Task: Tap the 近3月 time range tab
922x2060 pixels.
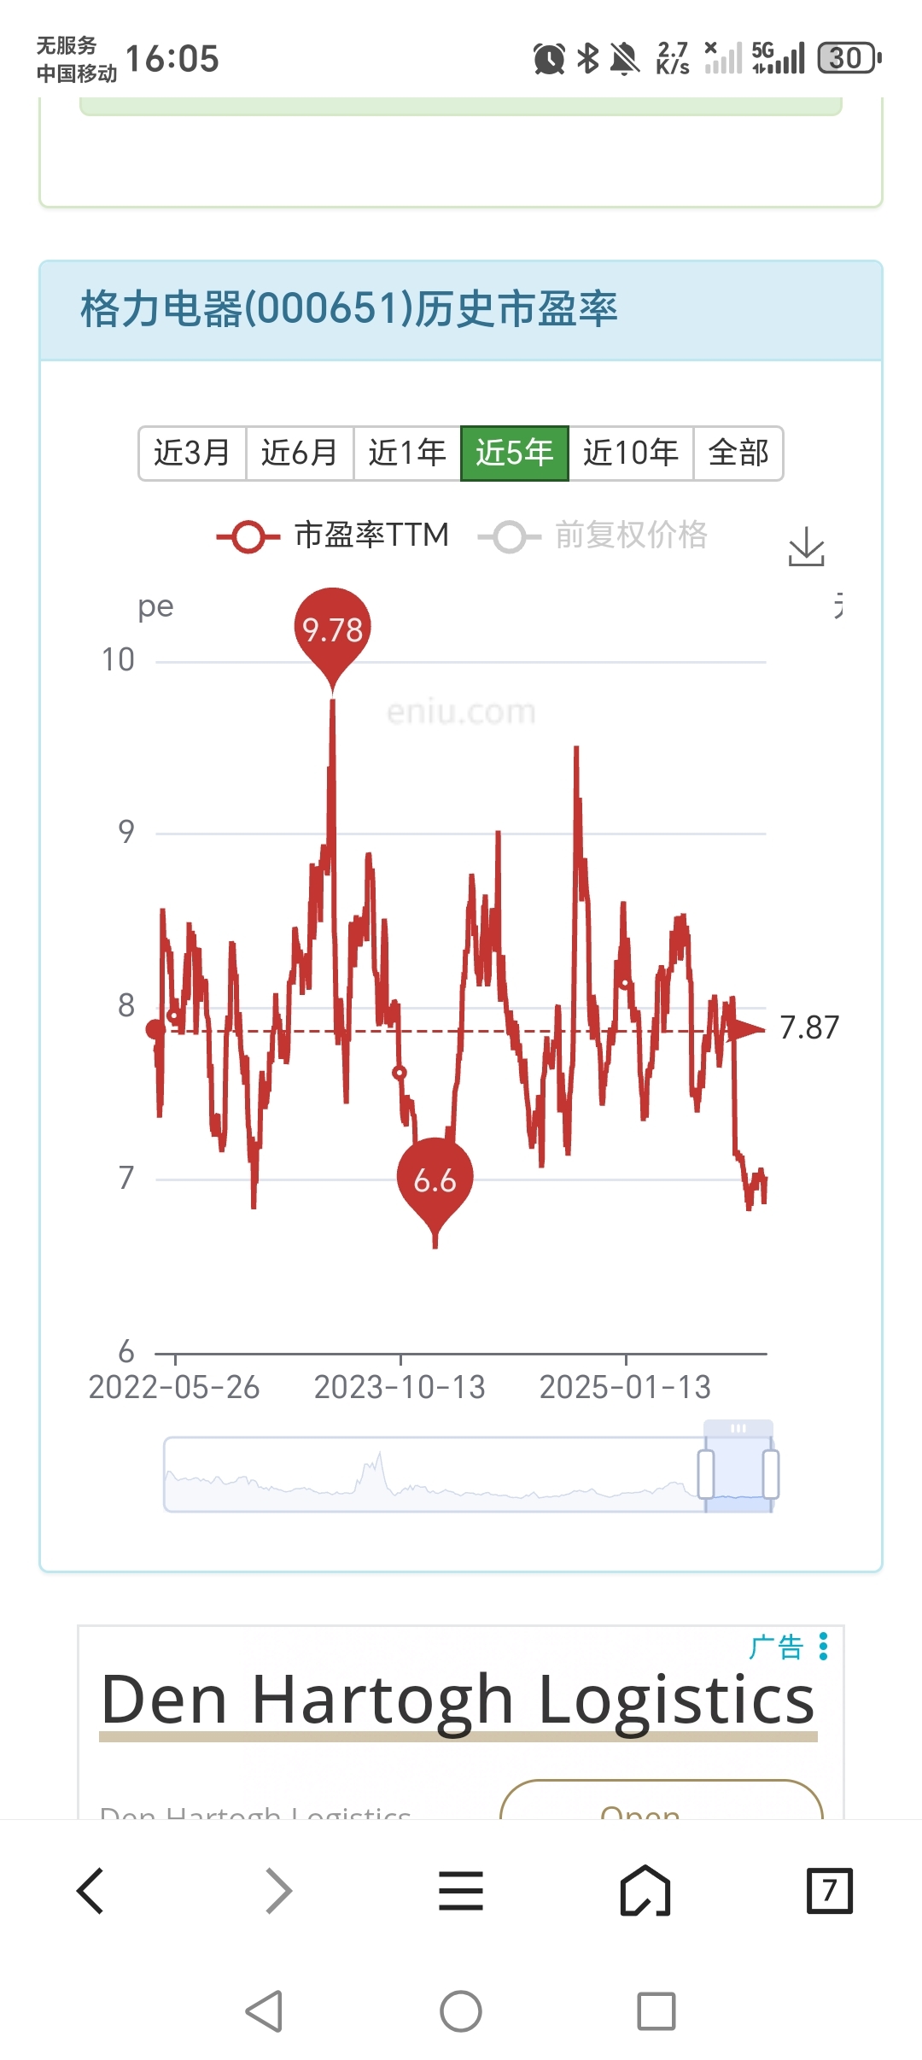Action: pos(192,453)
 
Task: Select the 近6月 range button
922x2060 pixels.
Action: pos(300,453)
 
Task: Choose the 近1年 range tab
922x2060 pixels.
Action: pos(407,453)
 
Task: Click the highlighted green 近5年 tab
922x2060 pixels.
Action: pos(515,453)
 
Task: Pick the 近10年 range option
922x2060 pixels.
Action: pos(631,453)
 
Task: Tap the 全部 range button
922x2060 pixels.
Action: pos(738,453)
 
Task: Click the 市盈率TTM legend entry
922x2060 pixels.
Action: pos(333,535)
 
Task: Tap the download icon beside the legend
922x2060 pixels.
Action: pos(806,547)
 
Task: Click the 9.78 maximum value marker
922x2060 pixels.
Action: pos(333,629)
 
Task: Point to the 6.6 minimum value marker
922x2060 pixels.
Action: pos(435,1180)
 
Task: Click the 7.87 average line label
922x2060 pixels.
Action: pos(809,1027)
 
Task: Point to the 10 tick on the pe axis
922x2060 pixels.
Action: pos(118,659)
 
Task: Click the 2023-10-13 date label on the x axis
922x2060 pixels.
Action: pos(400,1387)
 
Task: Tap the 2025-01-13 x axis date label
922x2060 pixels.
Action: pos(625,1387)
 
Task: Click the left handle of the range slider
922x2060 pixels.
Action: pos(706,1474)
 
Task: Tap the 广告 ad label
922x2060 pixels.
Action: pos(776,1647)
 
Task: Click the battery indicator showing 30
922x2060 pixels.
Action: pos(849,58)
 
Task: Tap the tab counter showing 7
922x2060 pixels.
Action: pos(829,1890)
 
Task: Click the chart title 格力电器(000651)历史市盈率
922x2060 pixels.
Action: pos(349,309)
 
